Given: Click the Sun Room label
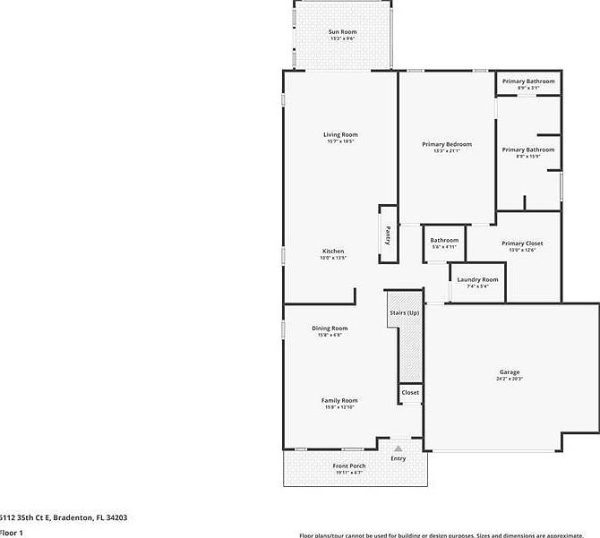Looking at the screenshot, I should [x=342, y=32].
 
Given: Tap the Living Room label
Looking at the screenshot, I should [x=340, y=135].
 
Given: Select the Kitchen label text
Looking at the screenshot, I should [x=333, y=252].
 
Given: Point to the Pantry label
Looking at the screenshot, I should [x=388, y=235].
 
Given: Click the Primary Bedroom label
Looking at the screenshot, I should [x=447, y=144].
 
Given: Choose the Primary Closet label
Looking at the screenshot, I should [x=522, y=243].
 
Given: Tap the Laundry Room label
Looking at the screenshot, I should [x=478, y=280].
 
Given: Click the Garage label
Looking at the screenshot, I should [x=510, y=372].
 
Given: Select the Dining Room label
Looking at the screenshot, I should [x=330, y=329].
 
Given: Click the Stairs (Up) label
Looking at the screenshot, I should [x=404, y=313].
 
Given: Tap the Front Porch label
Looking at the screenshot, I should [x=349, y=466].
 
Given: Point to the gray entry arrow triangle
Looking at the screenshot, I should [x=398, y=445].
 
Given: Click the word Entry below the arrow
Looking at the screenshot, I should [x=399, y=458].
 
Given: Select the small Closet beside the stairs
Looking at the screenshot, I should [x=410, y=393].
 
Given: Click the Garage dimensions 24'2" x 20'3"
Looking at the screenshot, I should [x=510, y=379].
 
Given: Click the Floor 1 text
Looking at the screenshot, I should [x=11, y=532].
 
